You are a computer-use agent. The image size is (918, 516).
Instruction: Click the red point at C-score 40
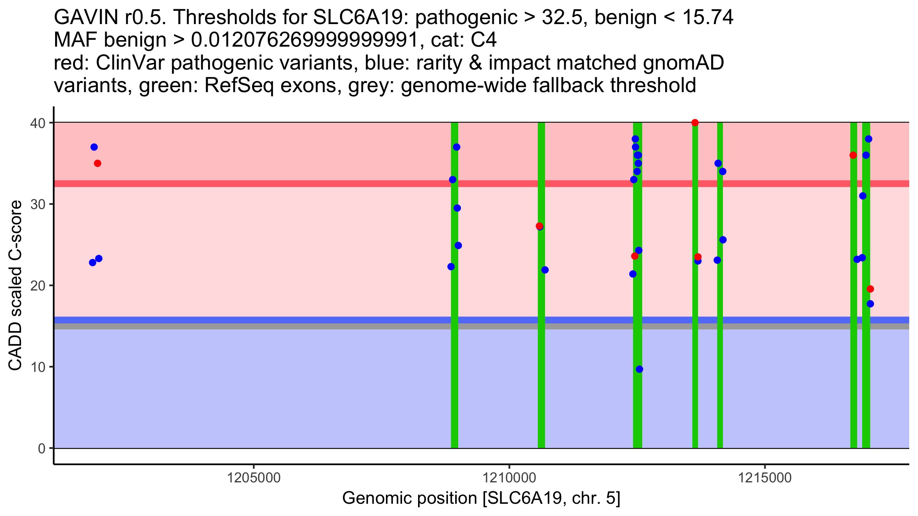pos(695,123)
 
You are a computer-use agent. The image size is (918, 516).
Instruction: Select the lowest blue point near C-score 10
pos(640,369)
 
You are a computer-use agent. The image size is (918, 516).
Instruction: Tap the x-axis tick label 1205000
pos(254,478)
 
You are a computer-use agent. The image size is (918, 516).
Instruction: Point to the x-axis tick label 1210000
pos(509,478)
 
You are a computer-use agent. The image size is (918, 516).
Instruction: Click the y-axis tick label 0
pos(41,448)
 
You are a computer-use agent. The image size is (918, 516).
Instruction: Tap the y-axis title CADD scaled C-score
pos(15,287)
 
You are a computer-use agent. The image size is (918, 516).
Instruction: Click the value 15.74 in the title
pos(708,17)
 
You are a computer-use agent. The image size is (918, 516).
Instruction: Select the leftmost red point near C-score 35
pos(98,164)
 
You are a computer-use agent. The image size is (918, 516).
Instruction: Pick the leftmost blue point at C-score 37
pos(94,147)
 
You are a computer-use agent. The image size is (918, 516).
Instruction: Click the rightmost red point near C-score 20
pos(870,289)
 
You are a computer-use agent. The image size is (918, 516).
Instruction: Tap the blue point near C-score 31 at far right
pos(863,196)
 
